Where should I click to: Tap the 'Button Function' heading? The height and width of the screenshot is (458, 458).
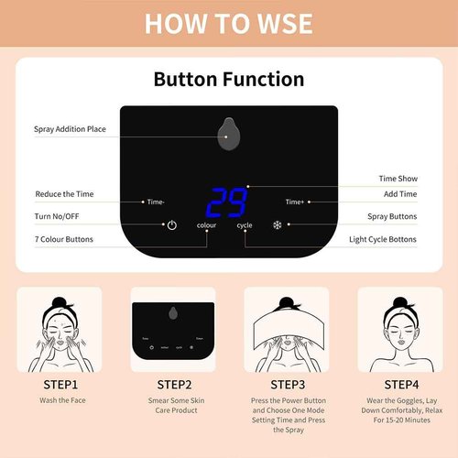(x=228, y=79)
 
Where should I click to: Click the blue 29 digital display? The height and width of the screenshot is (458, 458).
(x=225, y=201)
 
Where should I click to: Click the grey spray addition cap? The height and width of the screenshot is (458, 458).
(x=228, y=134)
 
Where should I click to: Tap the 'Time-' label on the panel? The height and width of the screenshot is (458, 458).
(x=156, y=202)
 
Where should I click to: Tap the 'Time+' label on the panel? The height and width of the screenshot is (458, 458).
(x=294, y=202)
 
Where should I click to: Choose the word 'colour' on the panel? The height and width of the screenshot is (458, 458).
(x=206, y=225)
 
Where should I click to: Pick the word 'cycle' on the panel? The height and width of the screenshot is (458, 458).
(x=244, y=225)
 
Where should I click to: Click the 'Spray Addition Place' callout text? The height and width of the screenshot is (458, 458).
(x=70, y=129)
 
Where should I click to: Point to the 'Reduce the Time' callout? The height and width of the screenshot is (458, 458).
(x=64, y=194)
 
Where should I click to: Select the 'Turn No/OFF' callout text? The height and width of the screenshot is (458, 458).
(x=58, y=216)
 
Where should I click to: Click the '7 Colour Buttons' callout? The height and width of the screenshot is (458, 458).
(x=64, y=239)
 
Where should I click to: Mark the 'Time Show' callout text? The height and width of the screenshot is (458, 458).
(x=398, y=179)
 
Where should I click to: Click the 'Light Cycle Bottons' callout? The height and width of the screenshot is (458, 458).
(x=383, y=239)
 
